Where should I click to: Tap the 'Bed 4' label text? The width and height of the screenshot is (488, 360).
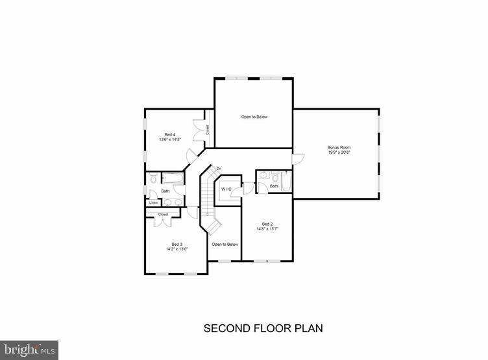click(169, 134)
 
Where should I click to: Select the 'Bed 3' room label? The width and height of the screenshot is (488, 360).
click(167, 244)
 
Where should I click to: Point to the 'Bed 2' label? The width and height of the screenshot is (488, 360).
click(266, 223)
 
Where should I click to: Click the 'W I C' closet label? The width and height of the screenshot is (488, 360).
click(226, 189)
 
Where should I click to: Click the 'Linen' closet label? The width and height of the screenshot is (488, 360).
click(153, 203)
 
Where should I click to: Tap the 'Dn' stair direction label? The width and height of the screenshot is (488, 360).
click(219, 169)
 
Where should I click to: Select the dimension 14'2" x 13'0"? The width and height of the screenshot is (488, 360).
click(167, 249)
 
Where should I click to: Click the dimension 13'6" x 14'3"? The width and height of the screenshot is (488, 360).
click(169, 139)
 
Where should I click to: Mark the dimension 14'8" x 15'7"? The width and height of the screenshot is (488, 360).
click(266, 228)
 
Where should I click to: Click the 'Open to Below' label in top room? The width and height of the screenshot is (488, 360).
click(254, 117)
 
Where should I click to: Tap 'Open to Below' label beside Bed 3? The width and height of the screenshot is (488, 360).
click(225, 244)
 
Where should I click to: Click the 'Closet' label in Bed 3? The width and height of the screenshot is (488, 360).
click(164, 214)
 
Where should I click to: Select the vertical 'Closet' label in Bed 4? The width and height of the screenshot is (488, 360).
click(208, 130)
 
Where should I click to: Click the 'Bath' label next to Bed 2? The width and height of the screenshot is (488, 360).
click(274, 186)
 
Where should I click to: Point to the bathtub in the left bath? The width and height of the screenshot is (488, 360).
click(173, 178)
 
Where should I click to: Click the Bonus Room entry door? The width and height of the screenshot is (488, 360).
click(298, 158)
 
